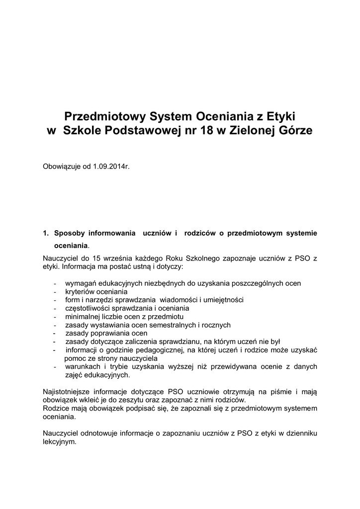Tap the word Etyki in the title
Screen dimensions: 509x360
click(280, 117)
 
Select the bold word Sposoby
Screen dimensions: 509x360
click(70, 233)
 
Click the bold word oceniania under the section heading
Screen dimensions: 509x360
click(71, 246)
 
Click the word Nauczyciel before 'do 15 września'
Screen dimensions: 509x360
click(62, 258)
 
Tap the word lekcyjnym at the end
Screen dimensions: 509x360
click(60, 441)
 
